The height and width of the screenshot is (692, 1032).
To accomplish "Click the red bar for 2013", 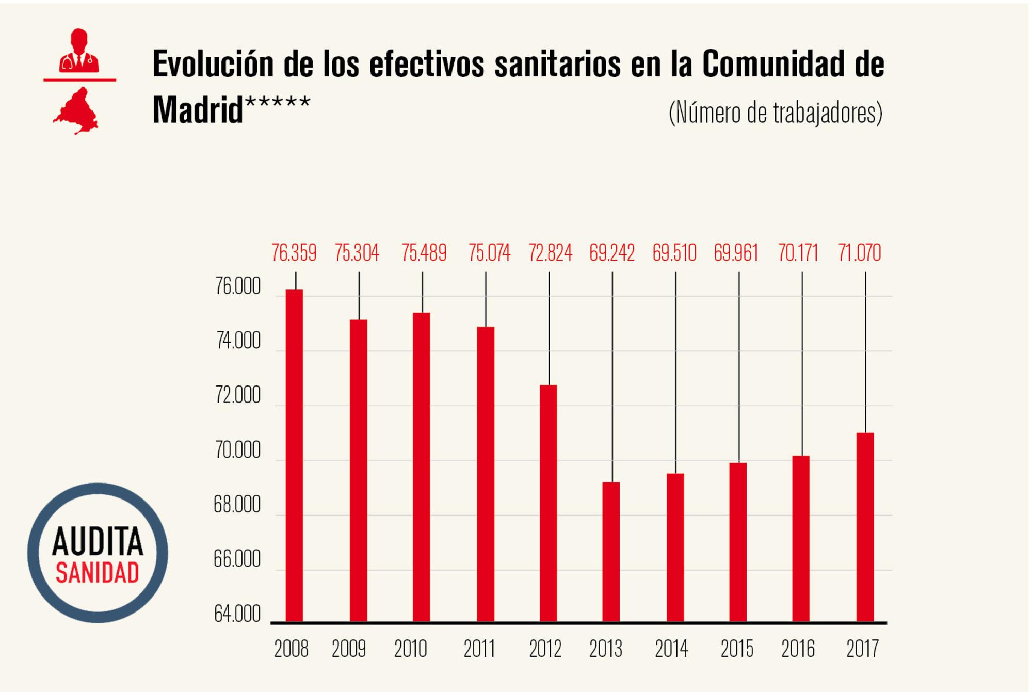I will [x=611, y=552].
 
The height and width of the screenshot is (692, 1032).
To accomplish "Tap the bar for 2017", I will [x=865, y=527].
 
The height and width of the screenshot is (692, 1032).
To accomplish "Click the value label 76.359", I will [x=294, y=253].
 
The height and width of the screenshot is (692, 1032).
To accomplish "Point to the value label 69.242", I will [x=612, y=253].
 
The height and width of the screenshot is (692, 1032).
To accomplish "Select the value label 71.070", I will [x=860, y=253].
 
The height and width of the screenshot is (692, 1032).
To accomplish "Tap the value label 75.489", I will [x=424, y=253].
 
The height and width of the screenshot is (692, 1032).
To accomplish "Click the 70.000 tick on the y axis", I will [x=238, y=451].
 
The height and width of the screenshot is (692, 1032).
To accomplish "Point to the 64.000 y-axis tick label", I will [x=237, y=615].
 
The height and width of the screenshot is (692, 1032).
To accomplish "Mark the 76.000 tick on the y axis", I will [x=238, y=287].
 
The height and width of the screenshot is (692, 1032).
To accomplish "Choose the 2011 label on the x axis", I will [x=479, y=649].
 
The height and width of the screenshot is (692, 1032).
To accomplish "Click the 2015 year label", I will [x=737, y=649].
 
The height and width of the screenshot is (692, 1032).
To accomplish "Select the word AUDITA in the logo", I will [x=98, y=542].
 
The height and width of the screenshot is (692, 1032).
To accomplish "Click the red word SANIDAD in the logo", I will [x=98, y=573].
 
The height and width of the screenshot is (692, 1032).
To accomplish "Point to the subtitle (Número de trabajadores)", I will [x=776, y=113].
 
